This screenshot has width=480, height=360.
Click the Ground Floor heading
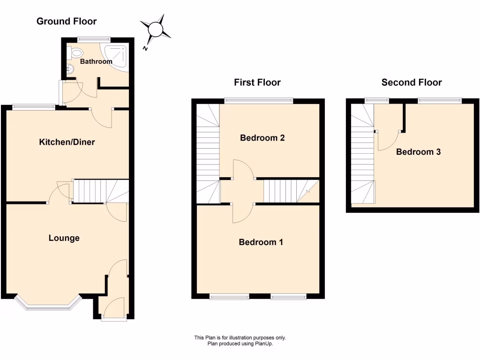67,21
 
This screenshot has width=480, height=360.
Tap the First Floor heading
257,82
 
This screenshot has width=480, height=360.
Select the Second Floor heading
412,82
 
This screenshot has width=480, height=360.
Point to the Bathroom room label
96,61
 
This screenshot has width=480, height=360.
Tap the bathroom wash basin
69,70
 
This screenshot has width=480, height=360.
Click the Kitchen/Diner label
67,142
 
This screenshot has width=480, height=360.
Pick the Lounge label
64,238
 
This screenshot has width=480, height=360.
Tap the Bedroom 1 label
261,242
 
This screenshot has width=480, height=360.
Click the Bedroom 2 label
262,138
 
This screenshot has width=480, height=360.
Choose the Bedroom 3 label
419,152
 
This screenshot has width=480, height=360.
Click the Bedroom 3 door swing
387,141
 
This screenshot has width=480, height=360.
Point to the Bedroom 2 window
259,99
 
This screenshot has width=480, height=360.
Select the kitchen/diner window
34,107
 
